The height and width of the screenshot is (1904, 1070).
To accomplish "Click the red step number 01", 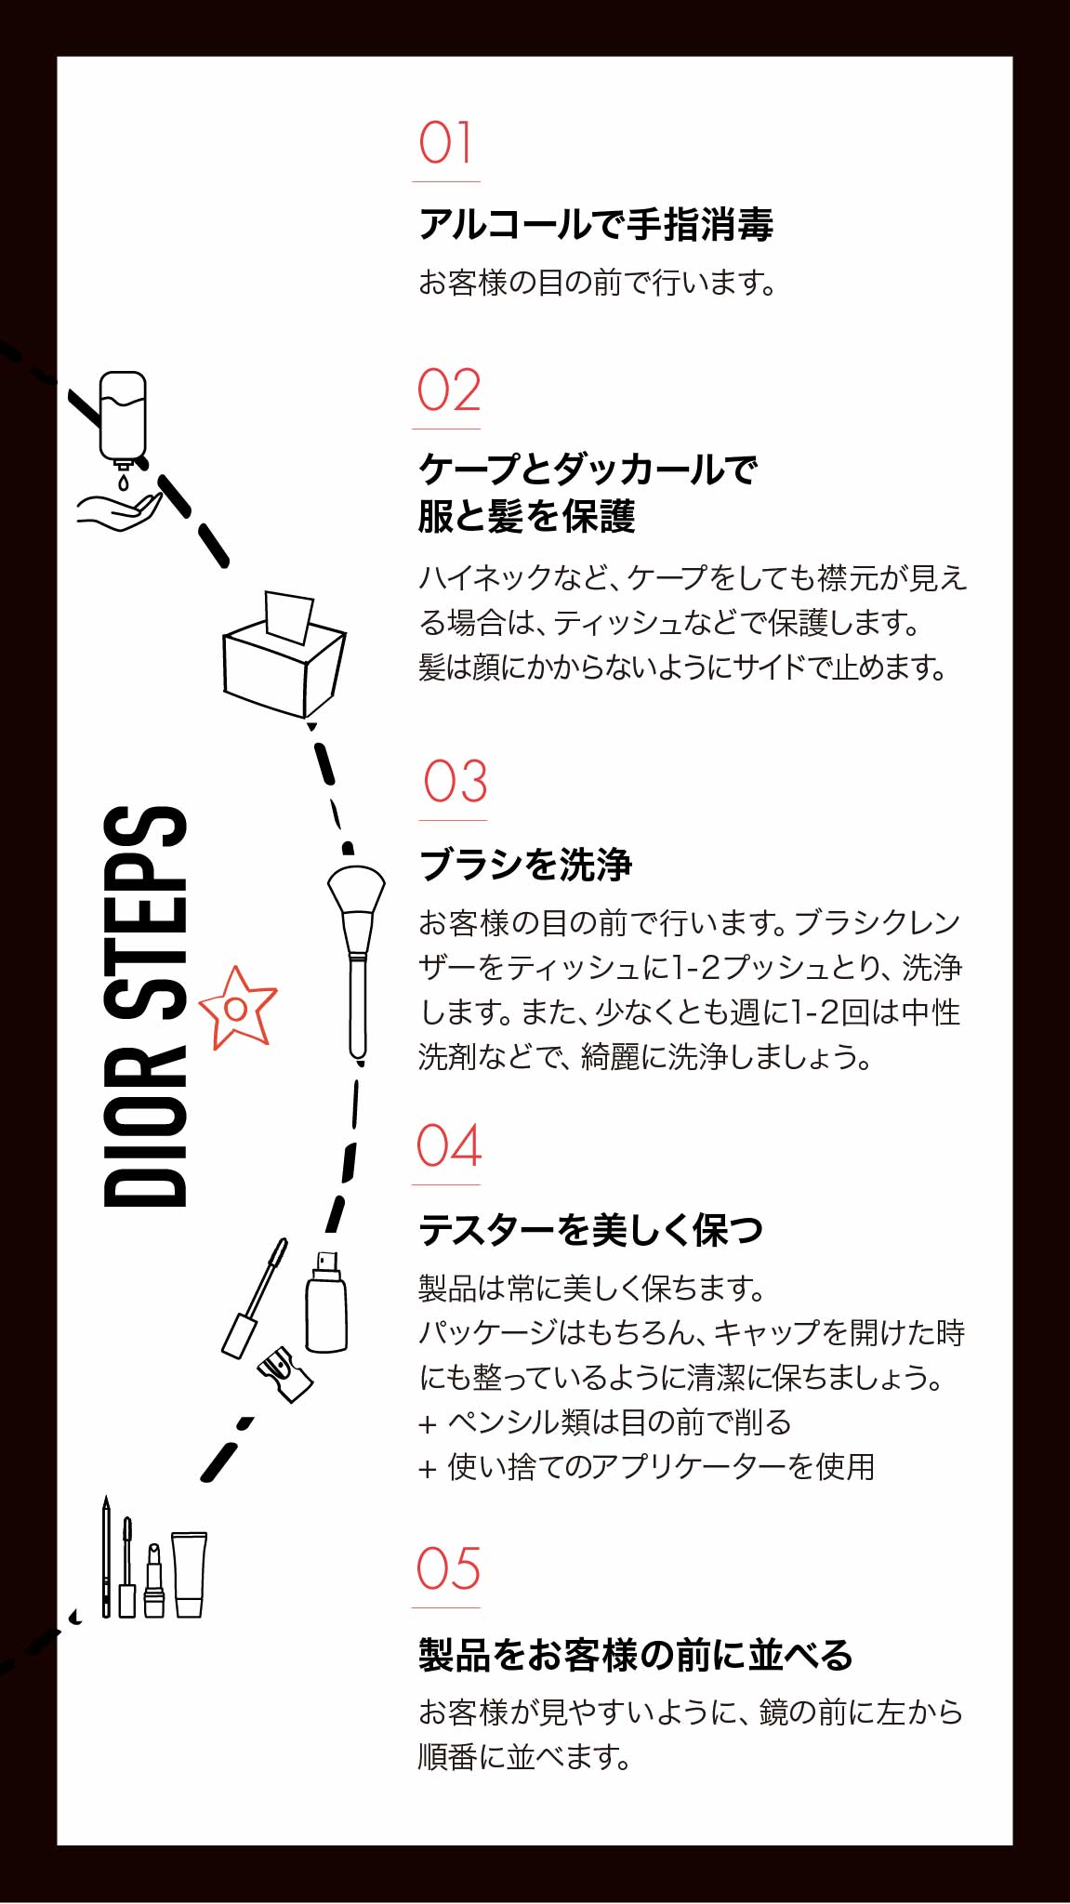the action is [445, 143].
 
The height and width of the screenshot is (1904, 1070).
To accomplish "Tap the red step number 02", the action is [449, 390].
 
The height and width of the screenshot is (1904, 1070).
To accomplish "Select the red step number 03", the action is [456, 782].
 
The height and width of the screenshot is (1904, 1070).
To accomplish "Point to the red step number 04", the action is [449, 1145].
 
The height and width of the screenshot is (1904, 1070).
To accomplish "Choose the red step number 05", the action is [448, 1569].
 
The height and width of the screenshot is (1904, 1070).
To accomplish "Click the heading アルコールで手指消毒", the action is [596, 225].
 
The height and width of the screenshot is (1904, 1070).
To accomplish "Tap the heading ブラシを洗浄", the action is [526, 865].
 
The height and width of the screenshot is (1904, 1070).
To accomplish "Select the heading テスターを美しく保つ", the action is [591, 1230].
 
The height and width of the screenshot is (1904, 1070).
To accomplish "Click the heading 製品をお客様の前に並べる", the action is [636, 1655].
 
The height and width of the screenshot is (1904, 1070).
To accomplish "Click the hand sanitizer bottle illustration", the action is [123, 418].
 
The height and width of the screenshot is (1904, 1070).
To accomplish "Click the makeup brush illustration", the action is [356, 962].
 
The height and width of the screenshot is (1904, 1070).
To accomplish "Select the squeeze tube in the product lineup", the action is [190, 1574].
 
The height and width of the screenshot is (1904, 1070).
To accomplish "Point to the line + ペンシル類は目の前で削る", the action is [605, 1421].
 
